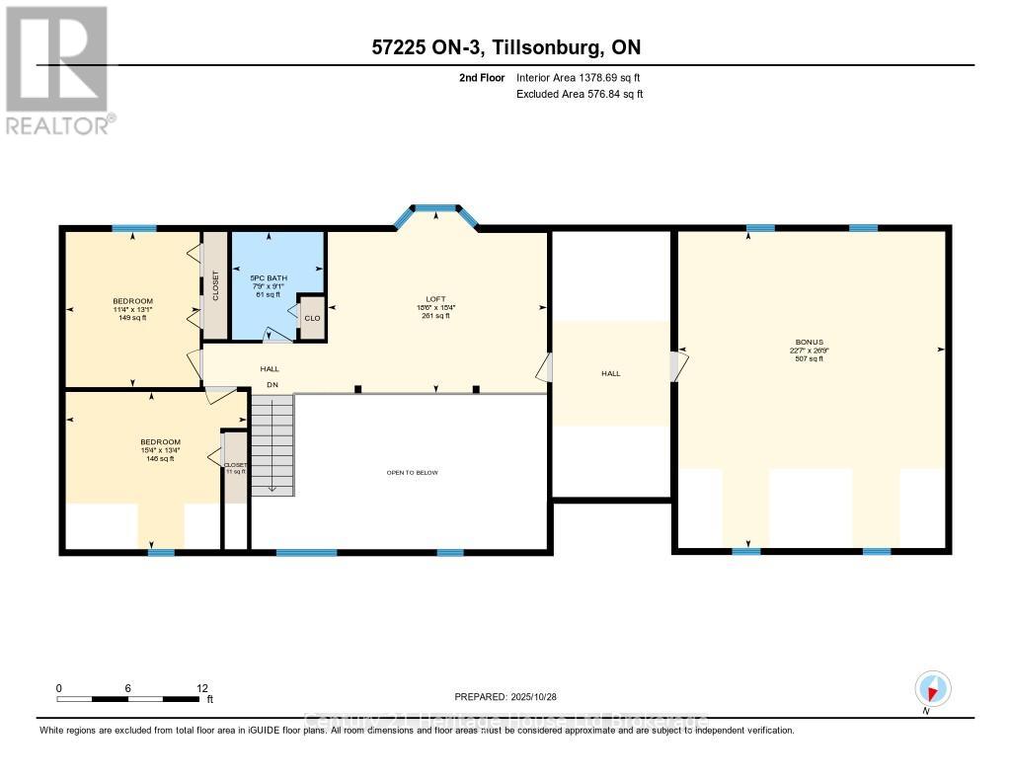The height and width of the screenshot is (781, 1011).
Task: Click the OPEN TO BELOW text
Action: pyautogui.click(x=412, y=473)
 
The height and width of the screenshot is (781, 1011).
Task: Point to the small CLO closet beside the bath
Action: pyautogui.click(x=312, y=318)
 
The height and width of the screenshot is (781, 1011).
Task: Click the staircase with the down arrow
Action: pyautogui.click(x=272, y=444)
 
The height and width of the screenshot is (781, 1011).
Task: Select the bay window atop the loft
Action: pyautogui.click(x=435, y=209)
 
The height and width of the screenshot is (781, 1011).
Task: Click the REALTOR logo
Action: pyautogui.click(x=57, y=69)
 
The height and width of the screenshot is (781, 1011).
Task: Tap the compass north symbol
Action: pyautogui.click(x=932, y=688)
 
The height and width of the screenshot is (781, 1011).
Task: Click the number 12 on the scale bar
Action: pyautogui.click(x=202, y=688)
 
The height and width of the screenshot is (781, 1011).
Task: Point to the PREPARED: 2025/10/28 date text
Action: pyautogui.click(x=511, y=696)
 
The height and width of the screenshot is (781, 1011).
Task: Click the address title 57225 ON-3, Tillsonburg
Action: pyautogui.click(x=505, y=47)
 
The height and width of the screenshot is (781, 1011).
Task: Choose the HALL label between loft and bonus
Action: pyautogui.click(x=611, y=373)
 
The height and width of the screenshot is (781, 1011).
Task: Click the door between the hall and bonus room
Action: pyautogui.click(x=675, y=366)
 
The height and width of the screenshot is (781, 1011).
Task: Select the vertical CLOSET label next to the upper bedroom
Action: pyautogui.click(x=215, y=285)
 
